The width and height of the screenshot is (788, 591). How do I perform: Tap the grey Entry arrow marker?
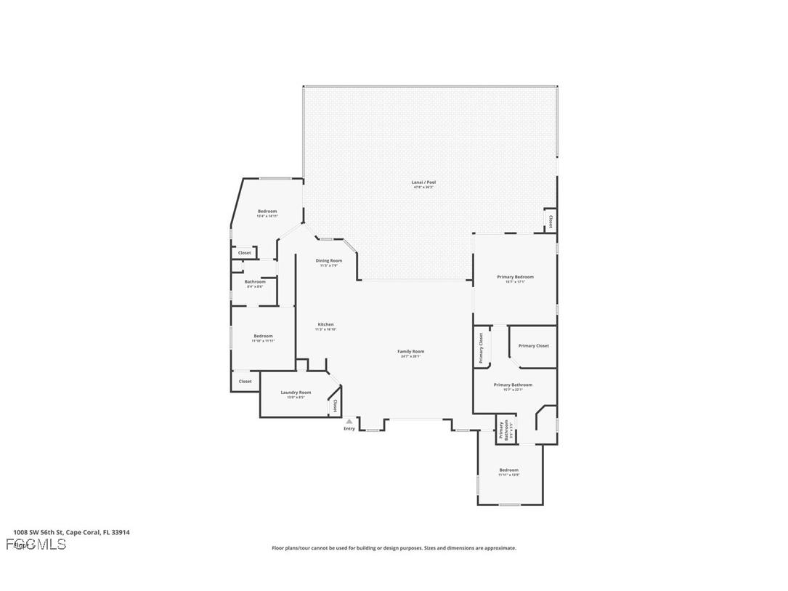349,421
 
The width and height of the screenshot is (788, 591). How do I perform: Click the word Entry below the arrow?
349,429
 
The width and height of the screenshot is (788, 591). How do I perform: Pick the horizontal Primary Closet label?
533,346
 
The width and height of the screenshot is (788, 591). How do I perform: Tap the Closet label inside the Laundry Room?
335,406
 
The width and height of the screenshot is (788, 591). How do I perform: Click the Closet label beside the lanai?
551,221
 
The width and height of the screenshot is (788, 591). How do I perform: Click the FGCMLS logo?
36,544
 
